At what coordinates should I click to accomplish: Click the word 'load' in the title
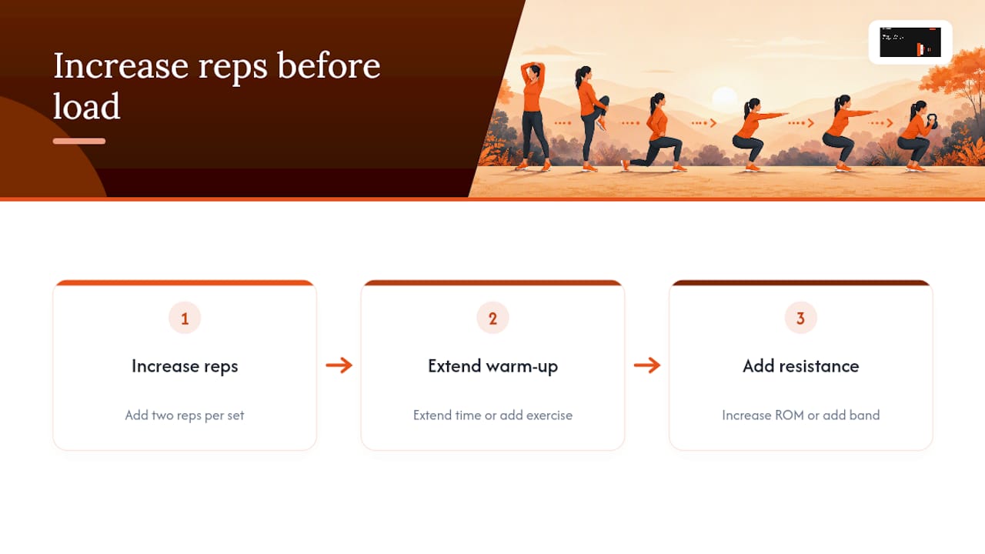pos(87,106)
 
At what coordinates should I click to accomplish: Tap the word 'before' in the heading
pos(329,65)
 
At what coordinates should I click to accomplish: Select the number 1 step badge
pos(185,318)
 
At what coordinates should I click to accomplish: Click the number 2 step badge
pos(492,318)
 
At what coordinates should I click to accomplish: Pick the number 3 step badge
pos(801,318)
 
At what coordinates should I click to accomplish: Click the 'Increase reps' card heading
pos(185,366)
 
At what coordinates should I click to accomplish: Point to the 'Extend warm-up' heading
pos(492,366)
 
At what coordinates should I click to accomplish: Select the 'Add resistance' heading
pos(801,365)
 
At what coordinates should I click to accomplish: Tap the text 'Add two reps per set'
pos(185,415)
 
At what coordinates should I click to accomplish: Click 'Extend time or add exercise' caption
pos(492,415)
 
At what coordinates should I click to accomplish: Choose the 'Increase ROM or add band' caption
pos(801,415)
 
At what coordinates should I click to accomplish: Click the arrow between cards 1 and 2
pos(339,365)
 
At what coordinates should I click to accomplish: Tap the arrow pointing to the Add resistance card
pos(647,365)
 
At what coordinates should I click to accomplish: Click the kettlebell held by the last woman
pos(930,121)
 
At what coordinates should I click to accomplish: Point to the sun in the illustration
pos(724,98)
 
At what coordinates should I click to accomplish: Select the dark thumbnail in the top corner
pos(910,42)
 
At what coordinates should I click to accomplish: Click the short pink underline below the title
pos(79,141)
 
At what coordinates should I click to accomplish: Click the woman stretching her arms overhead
pos(533,116)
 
